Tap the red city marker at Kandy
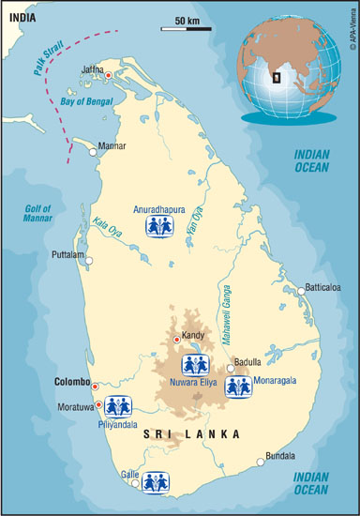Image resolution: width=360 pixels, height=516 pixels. [176, 339]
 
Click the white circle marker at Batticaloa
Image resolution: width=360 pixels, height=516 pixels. [301, 291]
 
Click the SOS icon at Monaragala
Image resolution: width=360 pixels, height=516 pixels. [237, 386]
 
